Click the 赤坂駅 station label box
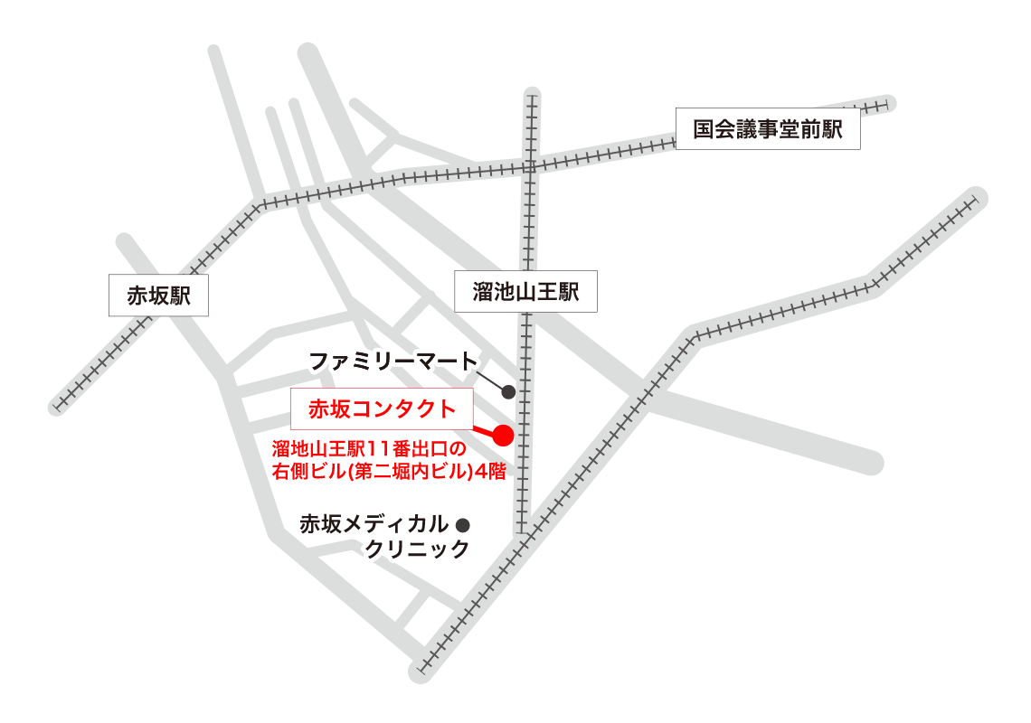pyautogui.click(x=158, y=296)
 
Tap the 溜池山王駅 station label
pyautogui.click(x=525, y=291)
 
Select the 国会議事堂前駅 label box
pyautogui.click(x=768, y=129)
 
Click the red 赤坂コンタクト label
pyautogui.click(x=383, y=409)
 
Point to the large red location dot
pyautogui.click(x=503, y=436)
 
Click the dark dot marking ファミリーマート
pyautogui.click(x=508, y=392)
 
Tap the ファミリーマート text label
pyautogui.click(x=393, y=362)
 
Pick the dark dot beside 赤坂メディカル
pyautogui.click(x=464, y=524)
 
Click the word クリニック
pyautogui.click(x=418, y=549)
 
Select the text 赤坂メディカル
pyautogui.click(x=374, y=524)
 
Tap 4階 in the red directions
pyautogui.click(x=488, y=471)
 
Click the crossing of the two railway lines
pyautogui.click(x=531, y=166)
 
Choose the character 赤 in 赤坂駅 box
pyautogui.click(x=137, y=296)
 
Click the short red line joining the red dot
pyautogui.click(x=483, y=430)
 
